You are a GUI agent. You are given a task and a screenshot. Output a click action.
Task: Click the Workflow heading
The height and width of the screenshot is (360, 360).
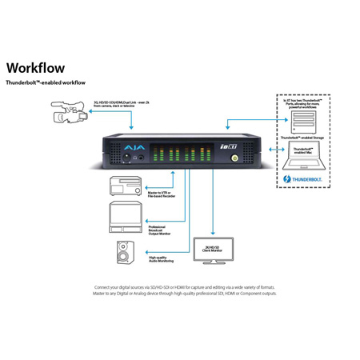35,67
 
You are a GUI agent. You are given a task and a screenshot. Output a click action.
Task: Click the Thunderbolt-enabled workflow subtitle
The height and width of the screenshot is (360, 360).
47,82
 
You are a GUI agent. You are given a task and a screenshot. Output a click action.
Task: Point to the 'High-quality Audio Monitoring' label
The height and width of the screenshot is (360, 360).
162,258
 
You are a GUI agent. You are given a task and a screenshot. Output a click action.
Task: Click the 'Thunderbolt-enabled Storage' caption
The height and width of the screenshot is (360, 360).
306,138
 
